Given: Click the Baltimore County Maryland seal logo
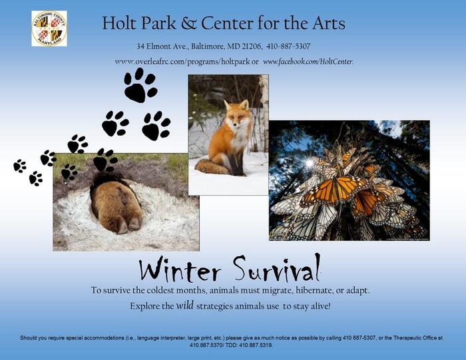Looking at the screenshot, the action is (49, 29).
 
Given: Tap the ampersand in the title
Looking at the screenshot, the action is (188, 23).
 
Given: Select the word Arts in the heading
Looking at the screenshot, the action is (328, 23).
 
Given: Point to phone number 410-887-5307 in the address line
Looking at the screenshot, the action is (288, 47).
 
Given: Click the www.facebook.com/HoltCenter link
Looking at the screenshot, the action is (308, 61).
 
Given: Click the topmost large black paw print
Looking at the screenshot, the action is (140, 85).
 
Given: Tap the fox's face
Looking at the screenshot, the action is (236, 115).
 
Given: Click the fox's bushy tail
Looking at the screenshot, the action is (212, 167).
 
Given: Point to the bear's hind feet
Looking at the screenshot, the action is (129, 225).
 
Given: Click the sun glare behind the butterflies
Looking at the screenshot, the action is (310, 162).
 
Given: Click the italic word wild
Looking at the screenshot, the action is (185, 305).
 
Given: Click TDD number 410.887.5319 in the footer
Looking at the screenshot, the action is (255, 345).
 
